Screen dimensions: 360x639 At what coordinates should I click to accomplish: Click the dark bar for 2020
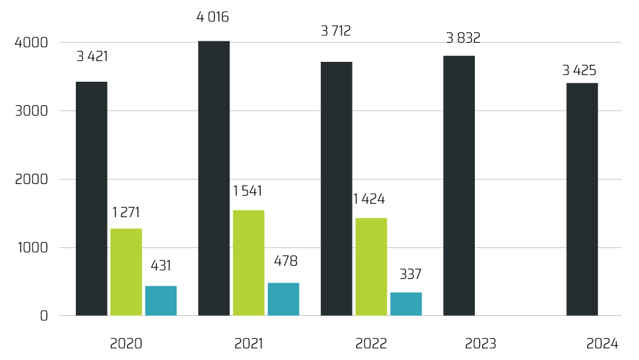pyautogui.click(x=91, y=199)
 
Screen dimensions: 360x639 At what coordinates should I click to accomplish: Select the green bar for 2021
pyautogui.click(x=249, y=263)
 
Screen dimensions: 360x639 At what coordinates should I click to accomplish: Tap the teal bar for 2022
pyautogui.click(x=406, y=304)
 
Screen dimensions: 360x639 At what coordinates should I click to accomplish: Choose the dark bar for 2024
pyautogui.click(x=582, y=200)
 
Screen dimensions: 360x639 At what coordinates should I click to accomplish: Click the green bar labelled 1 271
pyautogui.click(x=126, y=272)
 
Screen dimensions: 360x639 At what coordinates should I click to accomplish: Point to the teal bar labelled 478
pyautogui.click(x=283, y=299)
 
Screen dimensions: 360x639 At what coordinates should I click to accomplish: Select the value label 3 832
pyautogui.click(x=463, y=38)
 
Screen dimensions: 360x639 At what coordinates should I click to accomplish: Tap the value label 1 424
pyautogui.click(x=369, y=199)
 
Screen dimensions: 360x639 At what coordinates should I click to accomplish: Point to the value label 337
pyautogui.click(x=410, y=275)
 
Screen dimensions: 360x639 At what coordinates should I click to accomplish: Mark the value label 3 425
pyautogui.click(x=579, y=71)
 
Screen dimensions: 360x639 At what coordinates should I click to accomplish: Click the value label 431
pyautogui.click(x=161, y=266)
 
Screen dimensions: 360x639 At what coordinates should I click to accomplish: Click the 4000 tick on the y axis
pyautogui.click(x=31, y=43)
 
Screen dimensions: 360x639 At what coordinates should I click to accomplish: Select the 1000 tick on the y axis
pyautogui.click(x=32, y=248)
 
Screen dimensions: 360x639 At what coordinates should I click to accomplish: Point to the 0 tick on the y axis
pyautogui.click(x=43, y=316)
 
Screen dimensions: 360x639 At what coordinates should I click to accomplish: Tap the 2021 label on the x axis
pyautogui.click(x=249, y=343)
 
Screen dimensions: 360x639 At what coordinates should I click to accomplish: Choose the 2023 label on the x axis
pyautogui.click(x=481, y=343)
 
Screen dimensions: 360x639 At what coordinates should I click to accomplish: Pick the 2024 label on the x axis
pyautogui.click(x=602, y=343)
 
